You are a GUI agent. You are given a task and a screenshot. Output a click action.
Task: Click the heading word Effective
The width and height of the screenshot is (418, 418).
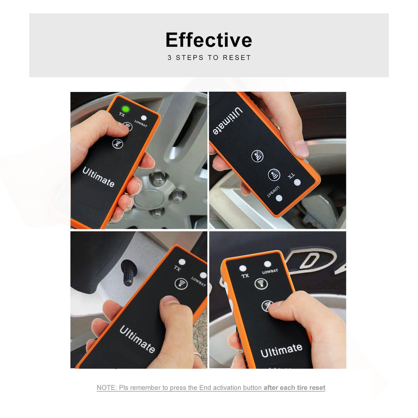(209, 40)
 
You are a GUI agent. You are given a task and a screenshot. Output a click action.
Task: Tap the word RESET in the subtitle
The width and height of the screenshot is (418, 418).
(237, 58)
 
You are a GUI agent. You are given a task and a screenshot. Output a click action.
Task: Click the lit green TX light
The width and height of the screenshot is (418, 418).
(125, 109)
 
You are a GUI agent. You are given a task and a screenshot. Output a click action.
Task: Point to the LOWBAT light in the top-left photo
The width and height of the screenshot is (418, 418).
(144, 118)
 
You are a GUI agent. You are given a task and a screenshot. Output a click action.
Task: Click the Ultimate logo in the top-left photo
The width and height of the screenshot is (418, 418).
(99, 177)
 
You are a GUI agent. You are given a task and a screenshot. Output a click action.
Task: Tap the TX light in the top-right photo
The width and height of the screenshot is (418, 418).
(297, 182)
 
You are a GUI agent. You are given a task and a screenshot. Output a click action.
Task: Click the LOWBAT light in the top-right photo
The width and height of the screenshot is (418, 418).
(279, 198)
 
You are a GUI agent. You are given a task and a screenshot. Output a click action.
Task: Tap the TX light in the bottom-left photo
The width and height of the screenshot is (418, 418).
(181, 262)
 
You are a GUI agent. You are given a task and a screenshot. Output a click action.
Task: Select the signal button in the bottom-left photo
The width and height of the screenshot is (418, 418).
(181, 284)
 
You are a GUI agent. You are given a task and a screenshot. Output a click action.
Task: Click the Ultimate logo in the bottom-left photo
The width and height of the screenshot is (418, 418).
(137, 339)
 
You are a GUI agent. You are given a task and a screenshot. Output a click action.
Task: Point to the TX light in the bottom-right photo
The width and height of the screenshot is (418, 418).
(243, 268)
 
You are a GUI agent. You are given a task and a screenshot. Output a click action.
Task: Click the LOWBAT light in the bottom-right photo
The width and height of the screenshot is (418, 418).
(268, 264)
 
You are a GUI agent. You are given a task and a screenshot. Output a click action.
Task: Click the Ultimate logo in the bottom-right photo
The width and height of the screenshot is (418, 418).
(281, 350)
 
